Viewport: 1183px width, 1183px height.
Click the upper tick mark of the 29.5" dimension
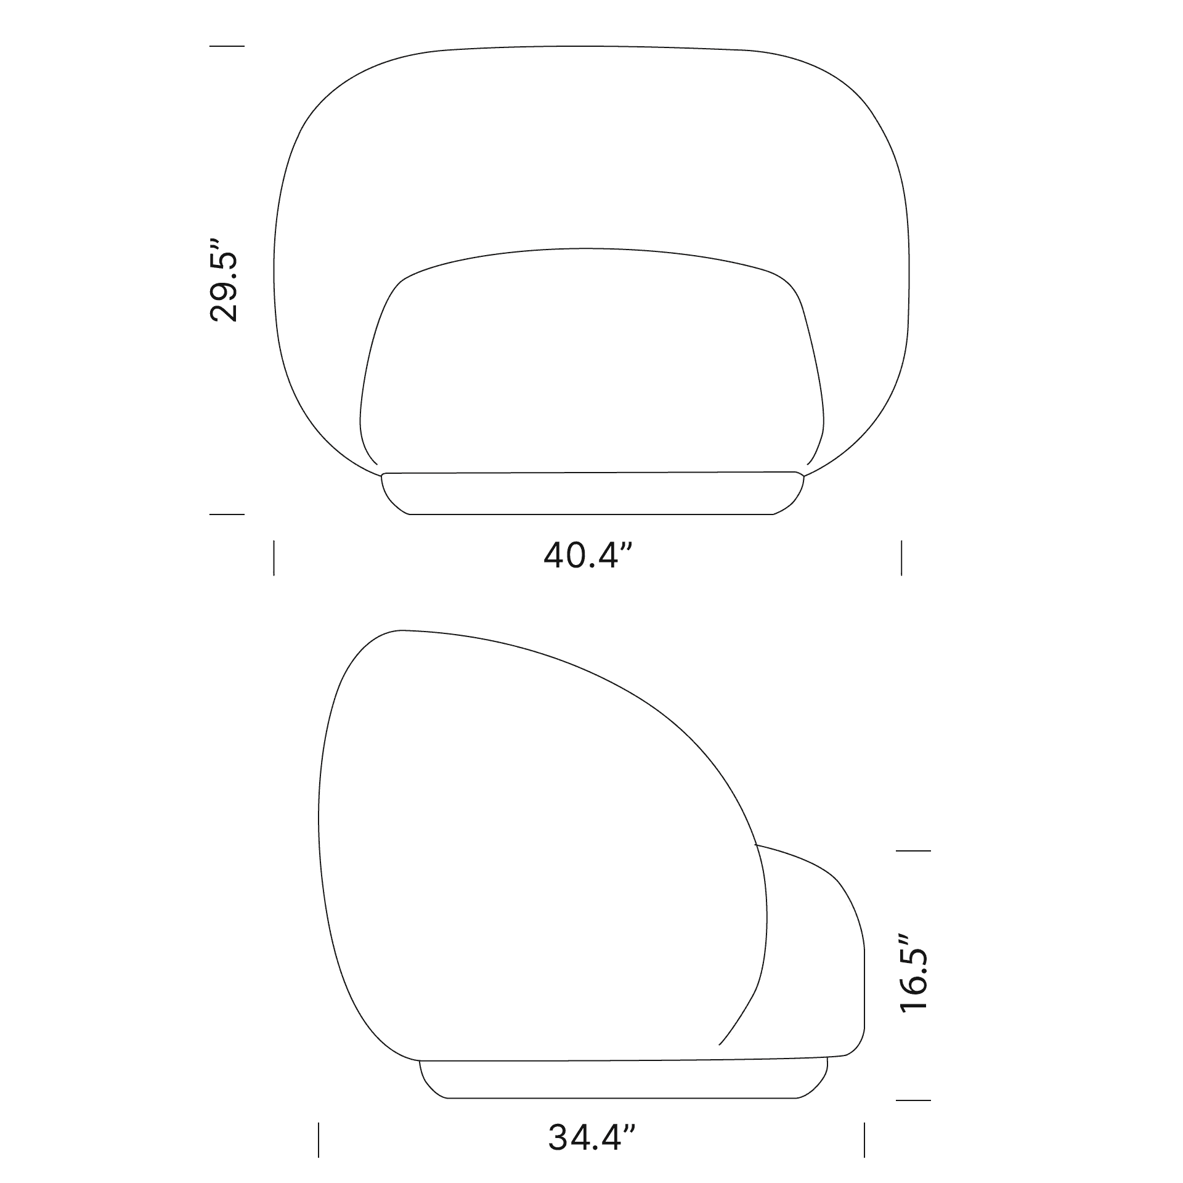tap(227, 46)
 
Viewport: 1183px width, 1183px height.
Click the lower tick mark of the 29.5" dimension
tap(227, 514)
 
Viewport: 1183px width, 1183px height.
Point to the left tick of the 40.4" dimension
tap(274, 558)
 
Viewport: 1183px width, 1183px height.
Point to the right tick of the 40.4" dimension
tap(901, 558)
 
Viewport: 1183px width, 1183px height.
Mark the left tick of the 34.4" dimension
tap(319, 1140)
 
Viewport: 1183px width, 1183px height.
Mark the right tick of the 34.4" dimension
tap(864, 1140)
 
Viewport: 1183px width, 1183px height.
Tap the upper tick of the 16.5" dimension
tap(913, 850)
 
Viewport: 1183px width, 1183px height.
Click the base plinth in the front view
tap(591, 494)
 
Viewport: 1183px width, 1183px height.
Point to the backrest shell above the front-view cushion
tap(591, 148)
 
